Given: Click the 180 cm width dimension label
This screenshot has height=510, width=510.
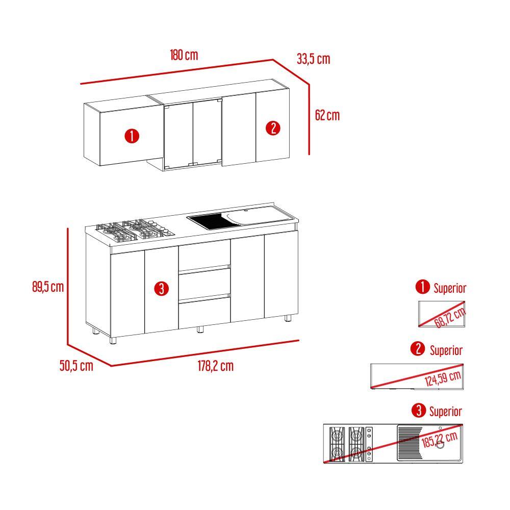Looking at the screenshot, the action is (184, 55).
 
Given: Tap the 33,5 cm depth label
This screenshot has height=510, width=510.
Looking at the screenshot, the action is (313, 59).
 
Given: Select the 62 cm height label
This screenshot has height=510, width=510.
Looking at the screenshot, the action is (327, 115).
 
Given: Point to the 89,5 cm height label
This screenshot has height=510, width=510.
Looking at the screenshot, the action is (48, 287).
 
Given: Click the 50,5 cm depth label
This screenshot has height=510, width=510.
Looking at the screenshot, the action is (76, 366).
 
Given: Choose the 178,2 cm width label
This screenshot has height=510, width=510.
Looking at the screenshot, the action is (216, 366).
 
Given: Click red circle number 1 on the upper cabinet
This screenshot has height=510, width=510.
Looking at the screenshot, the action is (132, 136).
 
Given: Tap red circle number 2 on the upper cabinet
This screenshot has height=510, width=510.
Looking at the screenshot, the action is (273, 128).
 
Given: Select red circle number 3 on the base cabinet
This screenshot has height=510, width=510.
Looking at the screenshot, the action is (162, 289).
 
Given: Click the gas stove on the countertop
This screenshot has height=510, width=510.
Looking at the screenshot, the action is (135, 231).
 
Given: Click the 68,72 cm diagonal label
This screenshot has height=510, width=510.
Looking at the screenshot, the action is (450, 318).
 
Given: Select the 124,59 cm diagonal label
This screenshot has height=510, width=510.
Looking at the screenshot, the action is (443, 378).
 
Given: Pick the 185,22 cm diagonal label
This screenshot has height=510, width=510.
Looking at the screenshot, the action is (440, 440).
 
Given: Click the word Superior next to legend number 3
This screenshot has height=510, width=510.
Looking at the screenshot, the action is (445, 412).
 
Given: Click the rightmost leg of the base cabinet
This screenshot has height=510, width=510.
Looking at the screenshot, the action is (288, 318).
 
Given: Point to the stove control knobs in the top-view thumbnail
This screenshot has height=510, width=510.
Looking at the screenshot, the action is (369, 444).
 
